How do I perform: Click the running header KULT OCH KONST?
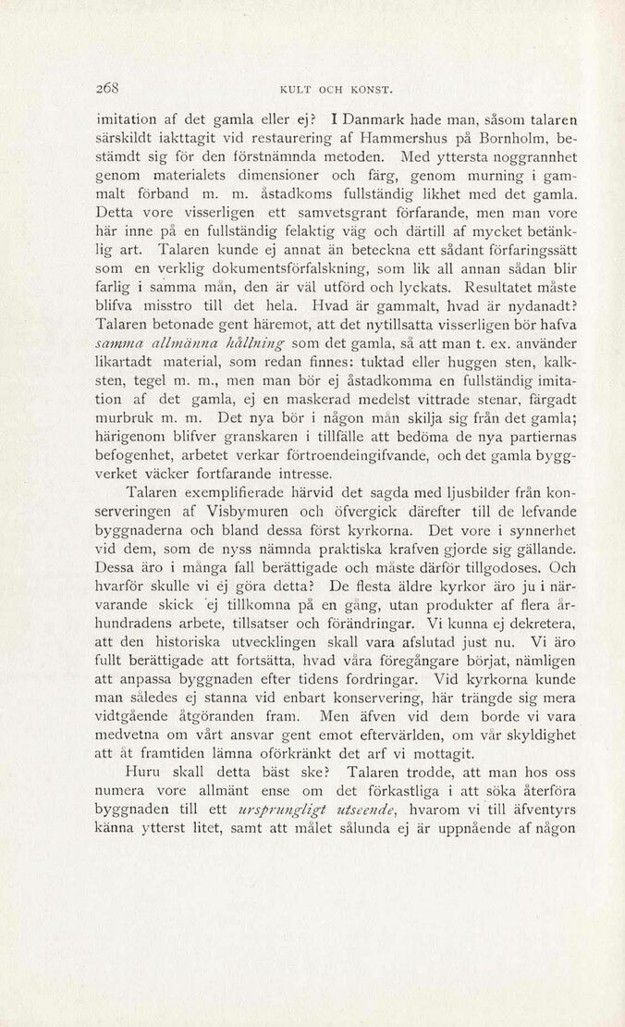pyautogui.click(x=336, y=90)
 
